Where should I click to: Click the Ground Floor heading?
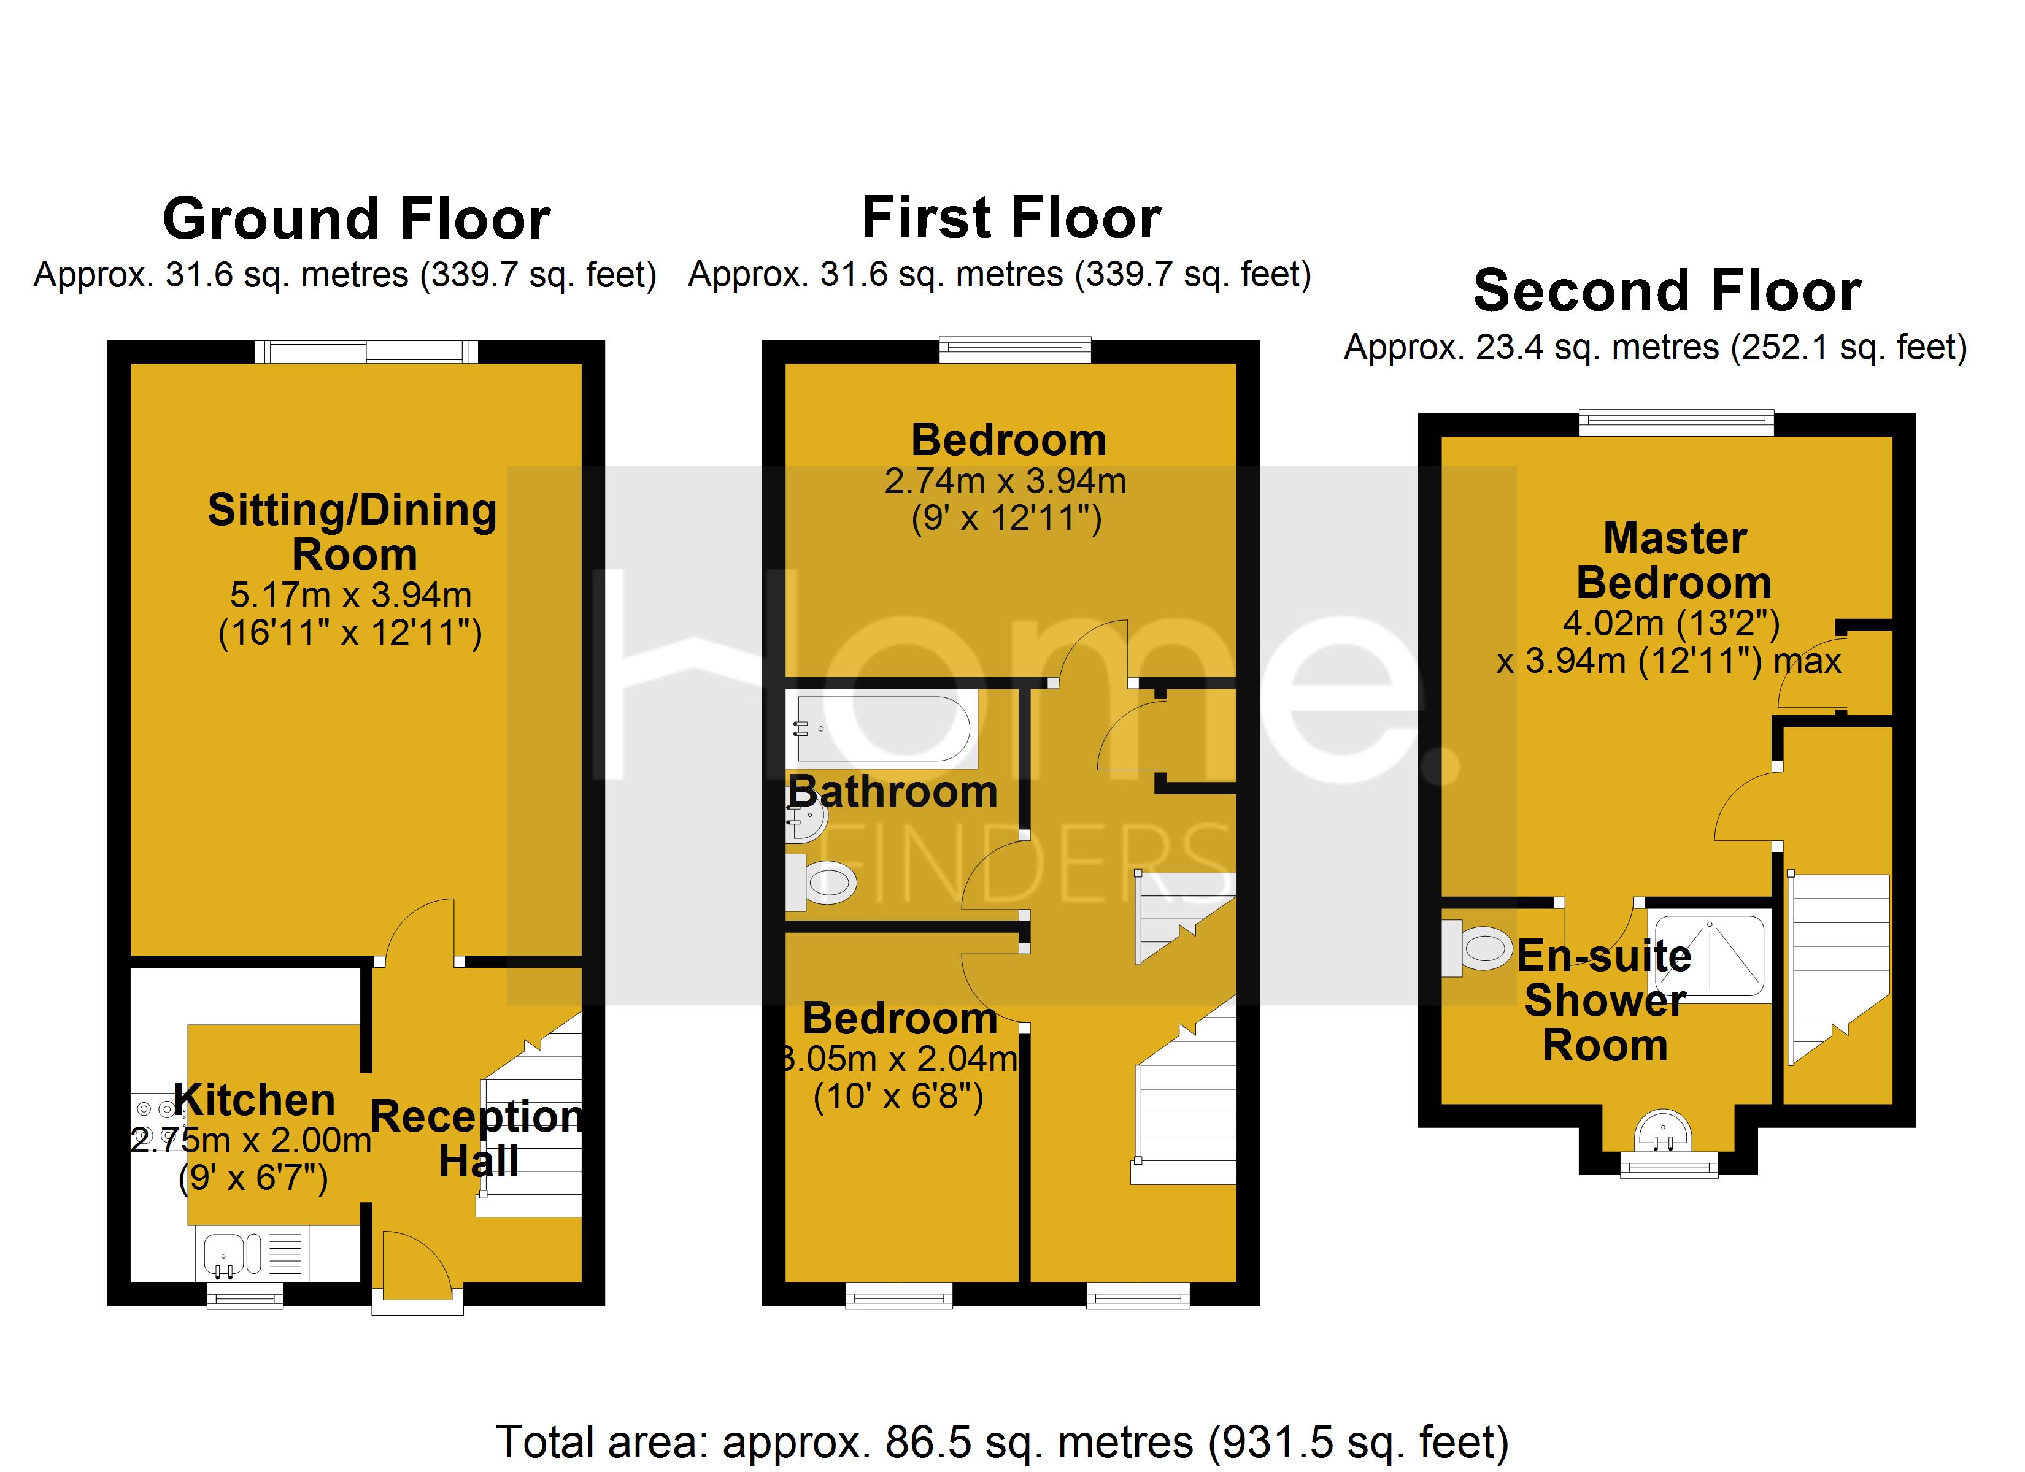coord(357,220)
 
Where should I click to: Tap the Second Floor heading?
coord(1666,292)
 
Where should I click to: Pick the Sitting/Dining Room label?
coord(353,532)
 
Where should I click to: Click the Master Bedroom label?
coord(1674,561)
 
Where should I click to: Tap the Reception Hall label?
coord(477,1138)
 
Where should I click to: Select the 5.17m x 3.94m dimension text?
coord(351,594)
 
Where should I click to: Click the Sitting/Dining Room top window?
coord(366,351)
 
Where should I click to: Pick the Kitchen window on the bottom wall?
coord(245,1295)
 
